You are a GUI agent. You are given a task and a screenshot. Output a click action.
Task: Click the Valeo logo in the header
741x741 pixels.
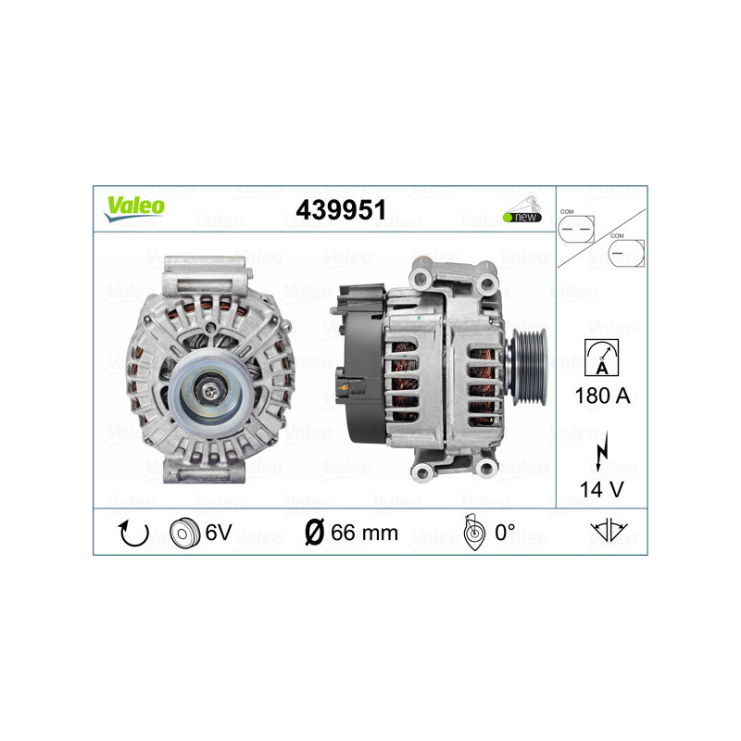pos(133,207)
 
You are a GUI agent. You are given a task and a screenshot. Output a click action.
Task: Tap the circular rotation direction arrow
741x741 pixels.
pos(132,533)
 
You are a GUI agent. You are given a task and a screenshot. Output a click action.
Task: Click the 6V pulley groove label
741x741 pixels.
pos(219,533)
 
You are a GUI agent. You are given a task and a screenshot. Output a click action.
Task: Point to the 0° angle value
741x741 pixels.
pos(504,533)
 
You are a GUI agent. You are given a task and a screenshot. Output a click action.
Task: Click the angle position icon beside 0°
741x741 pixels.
pos(473,533)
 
